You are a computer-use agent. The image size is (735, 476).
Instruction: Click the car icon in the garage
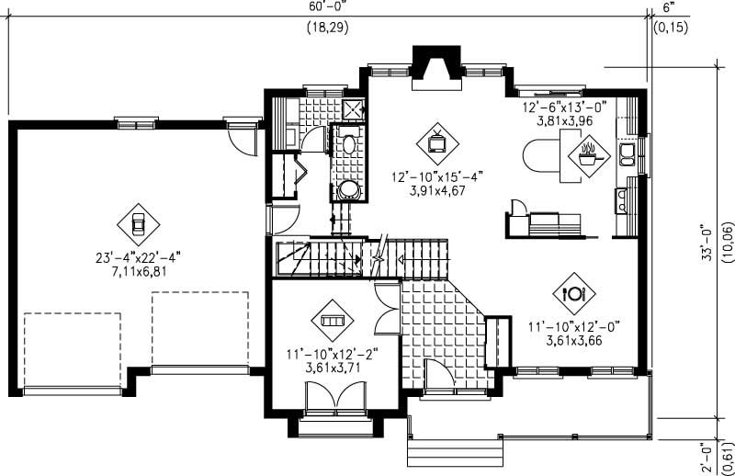137,223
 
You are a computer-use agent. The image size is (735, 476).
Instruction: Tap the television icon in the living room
435,142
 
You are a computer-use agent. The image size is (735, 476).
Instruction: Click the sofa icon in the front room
331,321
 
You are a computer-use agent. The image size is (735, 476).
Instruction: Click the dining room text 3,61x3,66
574,337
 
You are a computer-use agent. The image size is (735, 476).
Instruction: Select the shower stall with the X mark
352,109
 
